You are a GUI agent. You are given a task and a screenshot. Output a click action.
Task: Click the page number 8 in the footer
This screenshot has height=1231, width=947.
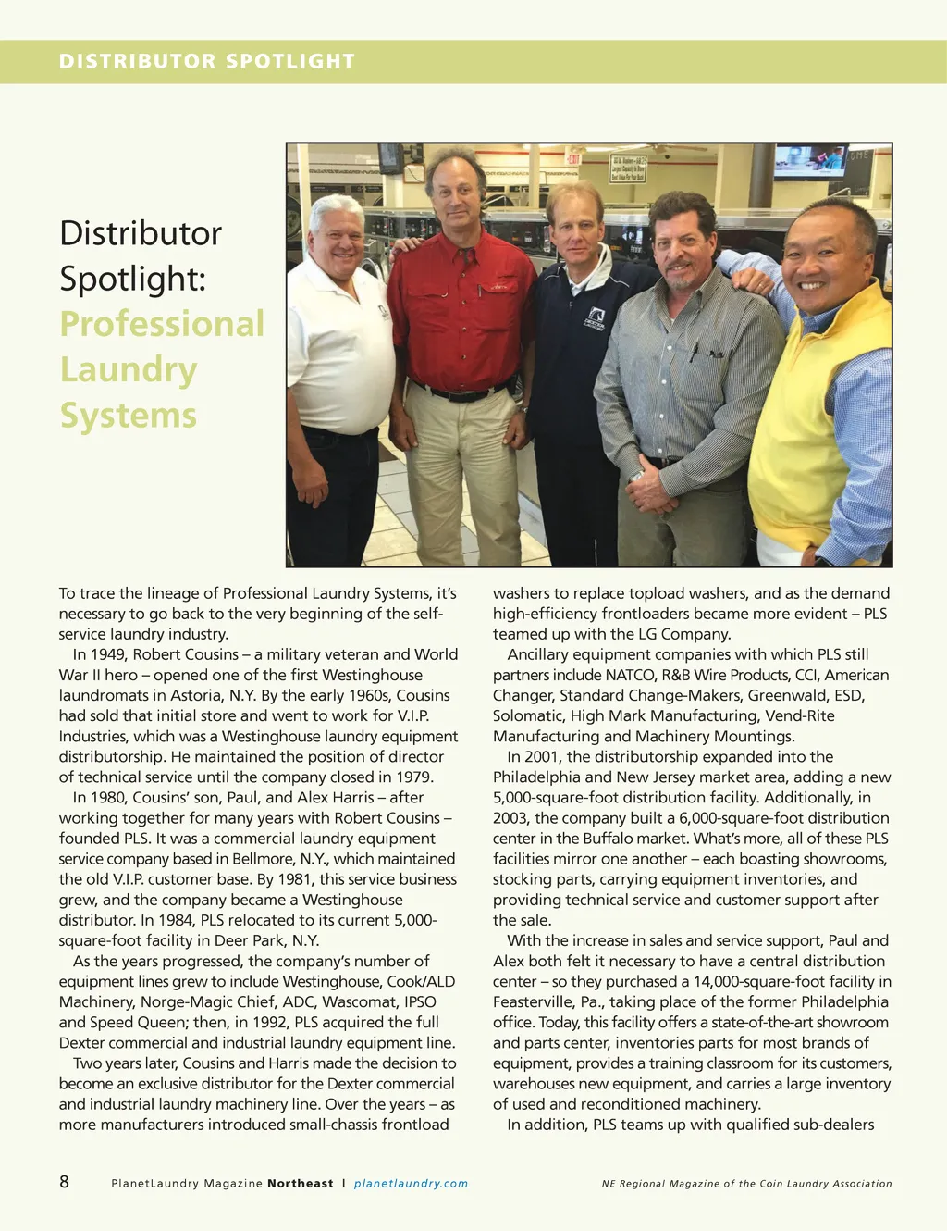(64, 1181)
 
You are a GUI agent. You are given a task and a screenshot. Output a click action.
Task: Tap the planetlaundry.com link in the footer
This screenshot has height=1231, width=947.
(411, 1183)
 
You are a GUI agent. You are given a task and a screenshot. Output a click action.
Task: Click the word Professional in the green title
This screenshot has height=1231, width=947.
(162, 324)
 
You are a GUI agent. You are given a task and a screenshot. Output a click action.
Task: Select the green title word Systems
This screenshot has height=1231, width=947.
(128, 415)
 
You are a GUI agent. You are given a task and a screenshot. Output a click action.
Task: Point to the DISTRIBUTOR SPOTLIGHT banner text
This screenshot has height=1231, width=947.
(207, 61)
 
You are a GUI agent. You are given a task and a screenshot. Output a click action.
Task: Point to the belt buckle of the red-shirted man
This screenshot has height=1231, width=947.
(460, 395)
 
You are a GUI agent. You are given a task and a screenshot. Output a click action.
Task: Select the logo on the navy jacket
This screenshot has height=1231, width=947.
(595, 318)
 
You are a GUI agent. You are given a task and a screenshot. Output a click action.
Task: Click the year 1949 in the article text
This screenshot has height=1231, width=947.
(109, 654)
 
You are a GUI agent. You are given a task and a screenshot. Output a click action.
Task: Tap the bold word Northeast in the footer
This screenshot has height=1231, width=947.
(301, 1183)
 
